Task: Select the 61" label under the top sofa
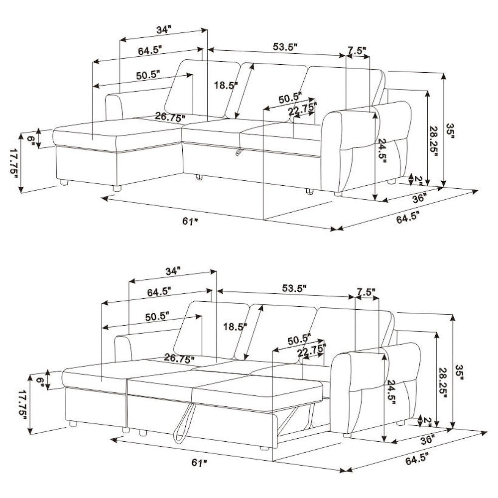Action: tap(190, 222)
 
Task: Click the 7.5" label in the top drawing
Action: tap(357, 50)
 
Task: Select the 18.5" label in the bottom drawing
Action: tap(235, 327)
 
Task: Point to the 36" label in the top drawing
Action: tap(419, 198)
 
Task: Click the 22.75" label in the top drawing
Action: tap(302, 110)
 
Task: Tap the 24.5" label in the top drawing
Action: tap(382, 150)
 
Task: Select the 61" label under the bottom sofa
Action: tap(199, 463)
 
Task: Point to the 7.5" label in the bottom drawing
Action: tap(366, 291)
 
